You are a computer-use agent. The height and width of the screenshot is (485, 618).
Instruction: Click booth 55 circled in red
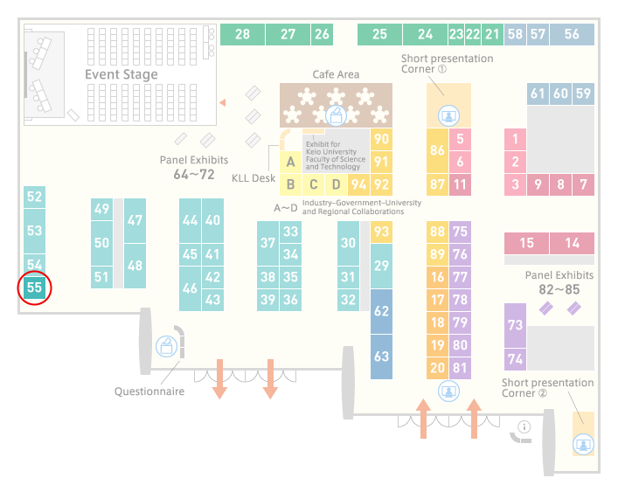pos(34,288)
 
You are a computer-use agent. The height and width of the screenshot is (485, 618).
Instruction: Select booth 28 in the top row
pos(242,34)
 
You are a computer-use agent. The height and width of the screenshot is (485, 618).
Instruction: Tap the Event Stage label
pos(122,74)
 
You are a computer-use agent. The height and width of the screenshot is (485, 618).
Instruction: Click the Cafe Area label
pos(336,74)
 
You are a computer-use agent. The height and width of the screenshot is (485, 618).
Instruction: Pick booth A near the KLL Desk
pos(290,162)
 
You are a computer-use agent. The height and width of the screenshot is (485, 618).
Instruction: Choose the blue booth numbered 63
pos(381,357)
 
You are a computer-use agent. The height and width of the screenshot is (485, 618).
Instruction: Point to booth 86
pos(437,150)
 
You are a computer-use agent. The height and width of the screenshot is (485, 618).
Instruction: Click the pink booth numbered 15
pos(526,243)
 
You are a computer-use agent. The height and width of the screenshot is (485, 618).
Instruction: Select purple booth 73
pos(515,325)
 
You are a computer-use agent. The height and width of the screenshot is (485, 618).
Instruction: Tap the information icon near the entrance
pos(524,426)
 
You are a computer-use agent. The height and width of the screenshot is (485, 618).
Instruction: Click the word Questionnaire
pos(149,391)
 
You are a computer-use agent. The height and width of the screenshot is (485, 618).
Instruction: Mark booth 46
pos(190,288)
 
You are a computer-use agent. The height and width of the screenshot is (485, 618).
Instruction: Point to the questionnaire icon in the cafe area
pos(336,116)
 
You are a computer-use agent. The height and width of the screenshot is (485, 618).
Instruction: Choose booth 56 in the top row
pos(572,34)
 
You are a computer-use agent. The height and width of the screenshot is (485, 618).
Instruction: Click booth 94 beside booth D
pos(358,184)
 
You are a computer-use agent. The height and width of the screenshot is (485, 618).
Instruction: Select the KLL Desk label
pos(253,178)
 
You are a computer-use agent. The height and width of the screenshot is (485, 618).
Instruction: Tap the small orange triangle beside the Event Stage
pos(223,103)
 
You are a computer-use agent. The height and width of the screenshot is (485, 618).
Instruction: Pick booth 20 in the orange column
pos(437,368)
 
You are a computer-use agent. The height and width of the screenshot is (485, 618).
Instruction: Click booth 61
pos(538,94)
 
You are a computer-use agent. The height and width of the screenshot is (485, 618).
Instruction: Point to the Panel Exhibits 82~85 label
pos(559,282)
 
